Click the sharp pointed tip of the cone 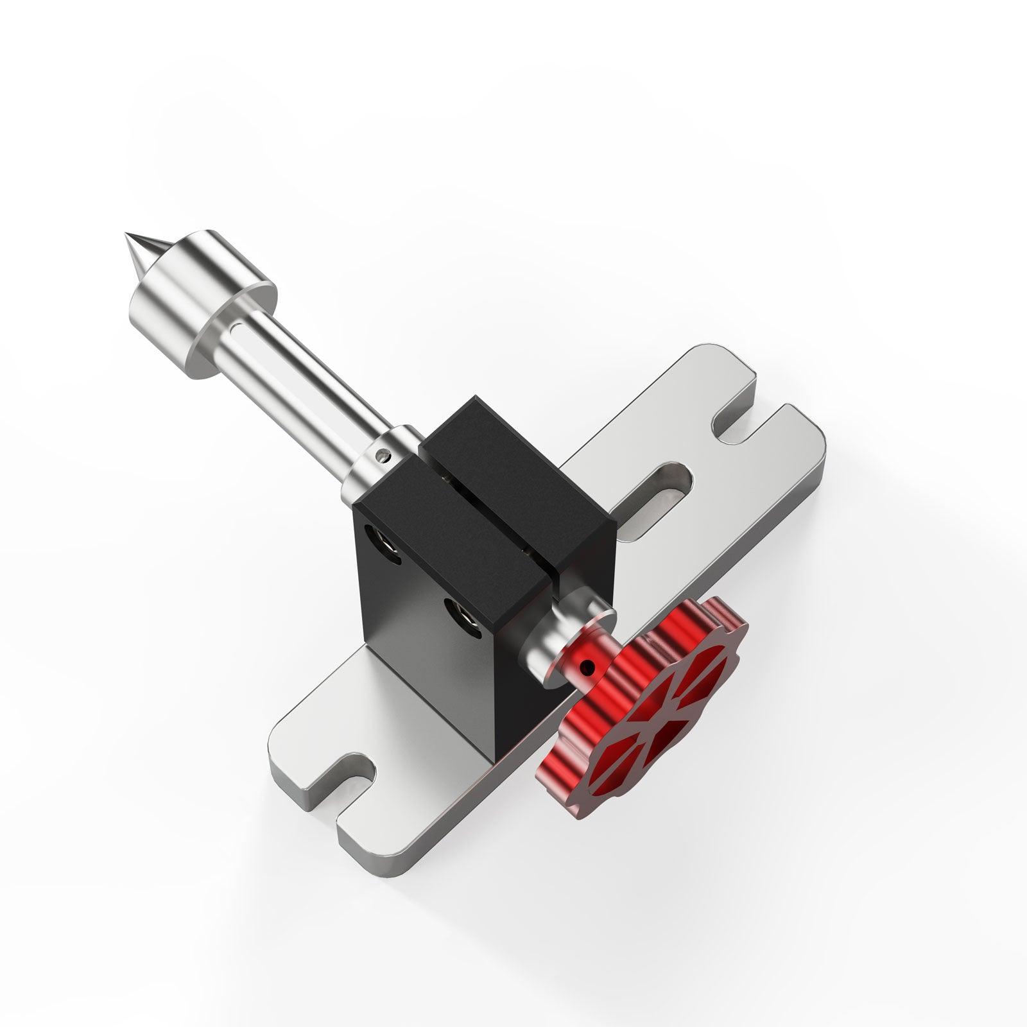pos(123,236)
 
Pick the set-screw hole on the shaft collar pos(384,455)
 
